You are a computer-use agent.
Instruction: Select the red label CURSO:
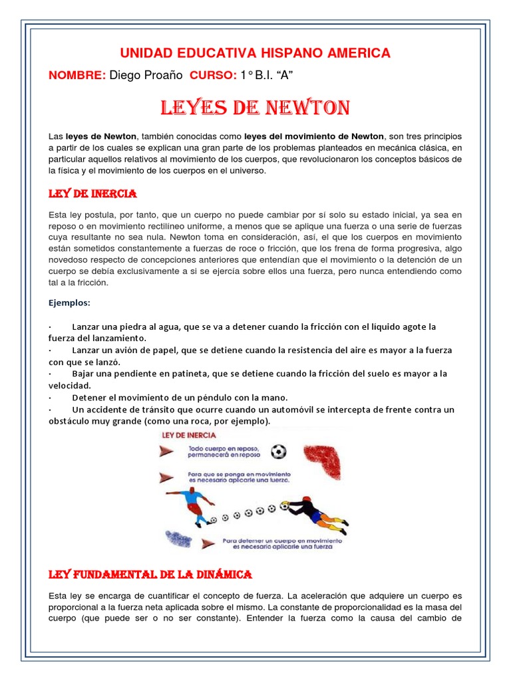click(x=213, y=76)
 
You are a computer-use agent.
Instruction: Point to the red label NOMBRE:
click(x=77, y=76)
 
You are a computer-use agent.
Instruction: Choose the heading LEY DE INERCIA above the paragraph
click(x=92, y=194)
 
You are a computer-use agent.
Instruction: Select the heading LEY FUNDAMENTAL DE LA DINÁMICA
click(x=151, y=573)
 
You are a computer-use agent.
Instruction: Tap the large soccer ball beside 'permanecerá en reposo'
click(x=279, y=452)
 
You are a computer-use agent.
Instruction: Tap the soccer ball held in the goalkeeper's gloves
click(x=285, y=505)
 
